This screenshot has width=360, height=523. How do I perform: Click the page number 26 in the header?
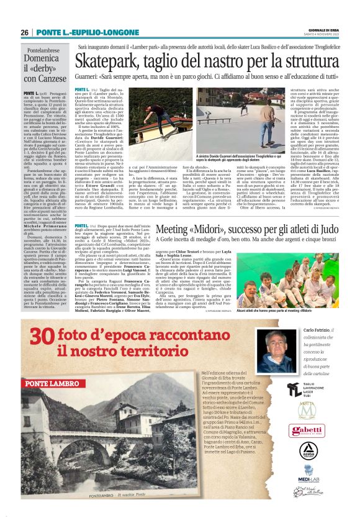click(x=24, y=32)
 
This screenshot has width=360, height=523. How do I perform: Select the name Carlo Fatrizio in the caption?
click(x=319, y=329)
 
